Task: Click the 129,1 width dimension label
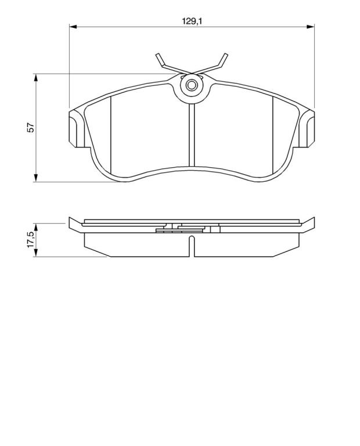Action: click(x=192, y=21)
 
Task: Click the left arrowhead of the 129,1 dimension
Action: click(x=73, y=27)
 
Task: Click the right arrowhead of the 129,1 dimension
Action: click(x=311, y=27)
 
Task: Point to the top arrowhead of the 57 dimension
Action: click(x=35, y=78)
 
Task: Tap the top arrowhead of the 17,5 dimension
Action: click(x=35, y=227)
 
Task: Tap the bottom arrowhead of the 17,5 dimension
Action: click(x=35, y=253)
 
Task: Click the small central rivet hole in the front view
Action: click(x=192, y=85)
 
